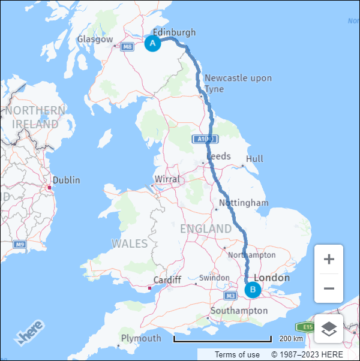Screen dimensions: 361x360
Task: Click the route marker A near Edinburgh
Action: click(152, 43)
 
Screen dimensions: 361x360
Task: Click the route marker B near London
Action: click(253, 290)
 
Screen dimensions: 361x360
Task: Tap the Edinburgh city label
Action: click(174, 32)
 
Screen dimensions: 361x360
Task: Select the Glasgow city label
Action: click(95, 40)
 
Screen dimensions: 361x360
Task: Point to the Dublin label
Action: click(66, 180)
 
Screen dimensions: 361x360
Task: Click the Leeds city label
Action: click(218, 156)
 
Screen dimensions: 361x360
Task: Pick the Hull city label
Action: click(254, 159)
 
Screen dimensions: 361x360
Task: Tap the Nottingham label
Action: click(244, 203)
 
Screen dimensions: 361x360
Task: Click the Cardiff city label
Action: click(167, 280)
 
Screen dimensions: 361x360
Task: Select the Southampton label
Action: click(239, 311)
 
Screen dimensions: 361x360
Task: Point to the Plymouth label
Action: click(141, 338)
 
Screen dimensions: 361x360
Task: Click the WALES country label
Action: click(130, 243)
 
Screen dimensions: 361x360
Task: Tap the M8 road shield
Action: click(127, 47)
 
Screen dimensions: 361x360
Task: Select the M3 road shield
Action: click(231, 296)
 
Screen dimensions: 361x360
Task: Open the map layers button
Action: click(329, 329)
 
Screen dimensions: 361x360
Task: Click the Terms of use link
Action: click(237, 354)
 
